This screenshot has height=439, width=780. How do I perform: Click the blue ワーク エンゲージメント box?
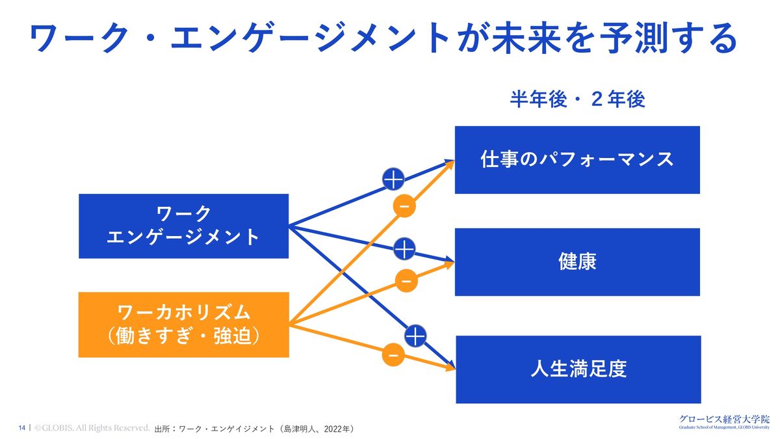coord(183,226)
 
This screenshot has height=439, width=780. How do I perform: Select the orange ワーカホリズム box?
coord(183,325)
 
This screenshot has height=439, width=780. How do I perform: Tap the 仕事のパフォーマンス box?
coord(577,160)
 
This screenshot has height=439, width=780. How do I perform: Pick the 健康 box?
coord(577,261)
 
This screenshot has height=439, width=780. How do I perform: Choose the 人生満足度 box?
coord(577,369)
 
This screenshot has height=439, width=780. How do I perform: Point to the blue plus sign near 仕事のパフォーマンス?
coord(394,178)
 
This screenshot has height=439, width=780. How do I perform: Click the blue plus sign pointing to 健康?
coord(404,249)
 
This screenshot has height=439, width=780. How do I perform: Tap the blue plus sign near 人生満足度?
coord(415,336)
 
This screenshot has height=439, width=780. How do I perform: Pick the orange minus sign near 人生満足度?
coord(393,355)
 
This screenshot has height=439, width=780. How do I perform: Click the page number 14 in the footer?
coord(22,428)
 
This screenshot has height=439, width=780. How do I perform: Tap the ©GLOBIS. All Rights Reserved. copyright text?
coord(92,428)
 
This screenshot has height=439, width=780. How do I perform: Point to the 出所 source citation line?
coord(254,429)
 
